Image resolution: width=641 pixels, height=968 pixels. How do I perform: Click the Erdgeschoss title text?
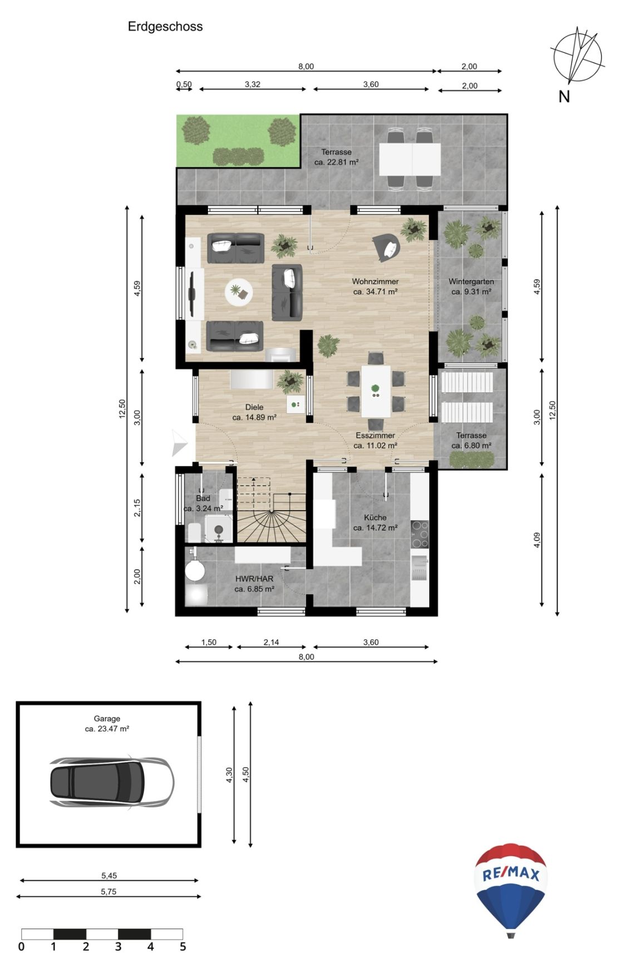click(165, 26)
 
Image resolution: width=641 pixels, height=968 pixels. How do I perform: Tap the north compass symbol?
click(577, 56)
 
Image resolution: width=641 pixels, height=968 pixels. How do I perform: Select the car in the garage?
click(111, 782)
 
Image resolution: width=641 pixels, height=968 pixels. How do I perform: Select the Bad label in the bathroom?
click(203, 498)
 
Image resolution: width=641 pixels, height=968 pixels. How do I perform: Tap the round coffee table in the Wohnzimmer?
click(239, 292)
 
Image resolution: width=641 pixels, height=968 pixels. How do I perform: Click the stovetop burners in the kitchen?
click(420, 534)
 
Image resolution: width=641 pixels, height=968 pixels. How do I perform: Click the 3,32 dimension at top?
click(252, 85)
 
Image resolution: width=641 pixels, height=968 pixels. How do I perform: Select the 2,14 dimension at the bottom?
click(271, 642)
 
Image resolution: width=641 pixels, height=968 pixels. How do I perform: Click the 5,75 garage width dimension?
click(109, 891)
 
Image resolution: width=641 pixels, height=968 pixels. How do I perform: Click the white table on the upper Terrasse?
click(410, 159)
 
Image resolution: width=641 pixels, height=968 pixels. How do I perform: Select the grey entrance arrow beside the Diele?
click(179, 443)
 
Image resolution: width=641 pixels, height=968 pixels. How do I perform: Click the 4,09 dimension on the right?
click(536, 540)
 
